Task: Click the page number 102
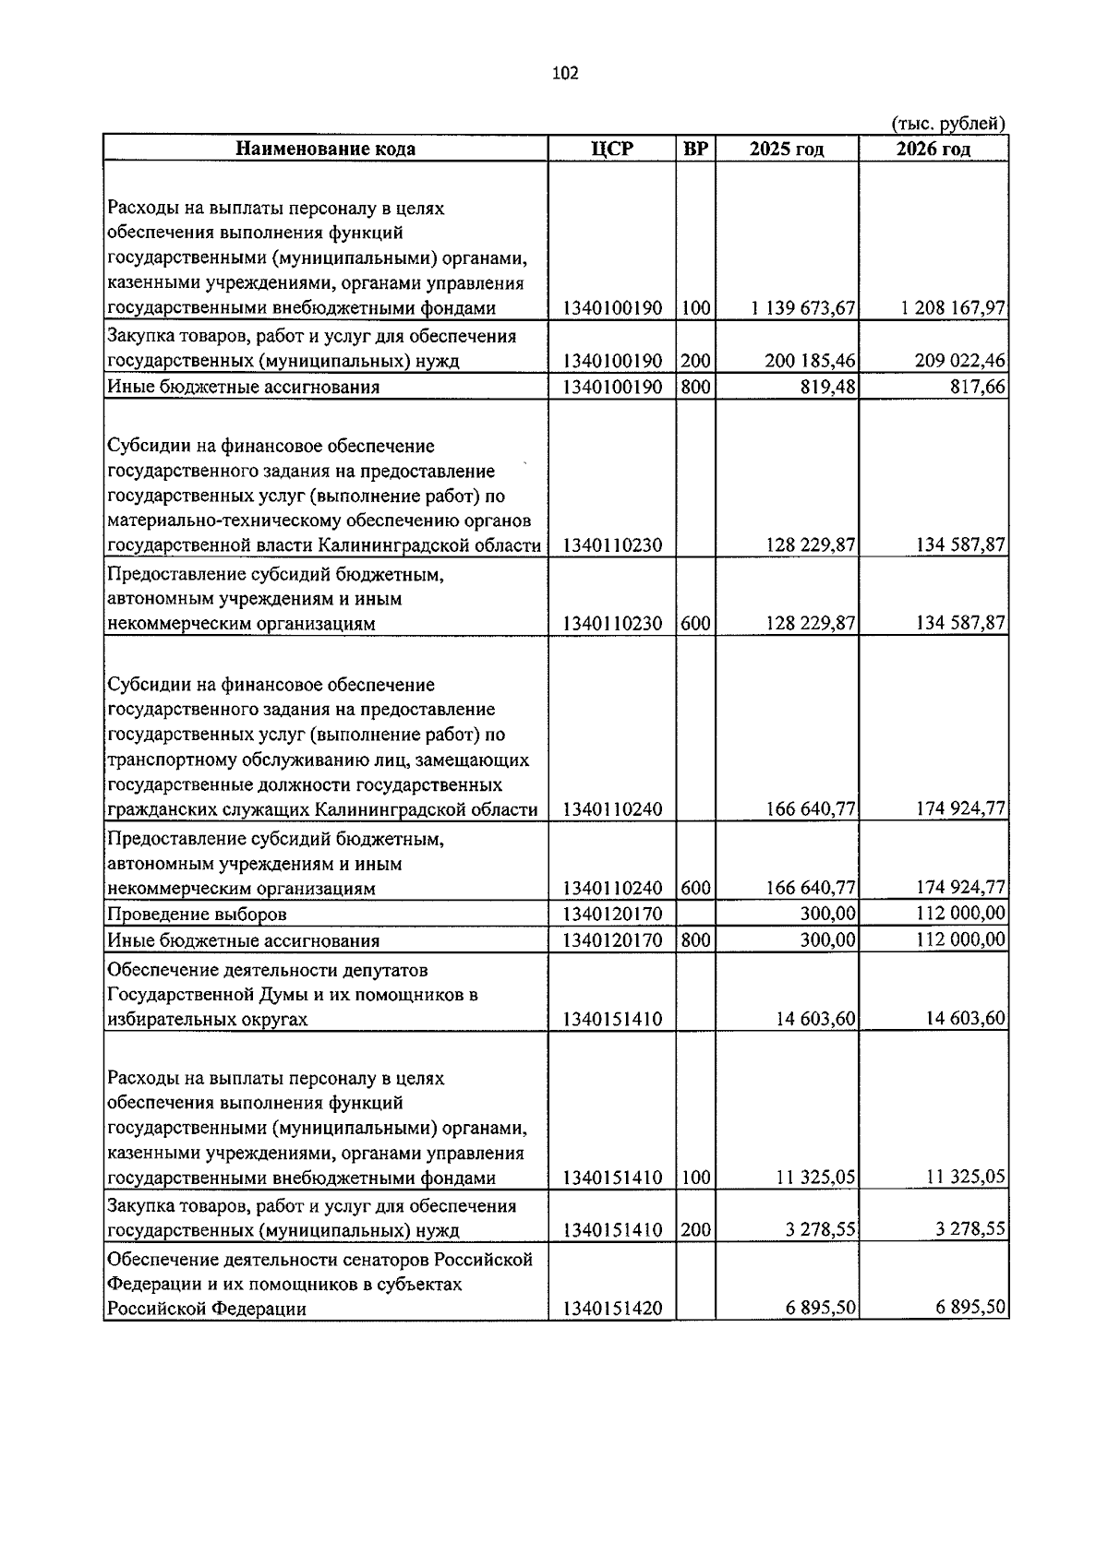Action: pos(565,74)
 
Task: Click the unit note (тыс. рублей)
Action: pos(947,124)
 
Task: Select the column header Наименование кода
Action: pos(325,149)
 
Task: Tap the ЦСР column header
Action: pos(612,149)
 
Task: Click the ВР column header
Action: pos(695,149)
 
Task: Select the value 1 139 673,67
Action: pos(803,308)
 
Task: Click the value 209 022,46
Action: pos(960,361)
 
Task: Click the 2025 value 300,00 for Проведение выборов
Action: pos(828,914)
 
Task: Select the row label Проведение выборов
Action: pos(197,915)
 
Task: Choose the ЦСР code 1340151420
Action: pos(612,1310)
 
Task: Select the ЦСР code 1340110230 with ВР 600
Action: pos(612,625)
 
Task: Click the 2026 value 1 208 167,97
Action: pos(953,308)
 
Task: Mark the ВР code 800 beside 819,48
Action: pos(695,388)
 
